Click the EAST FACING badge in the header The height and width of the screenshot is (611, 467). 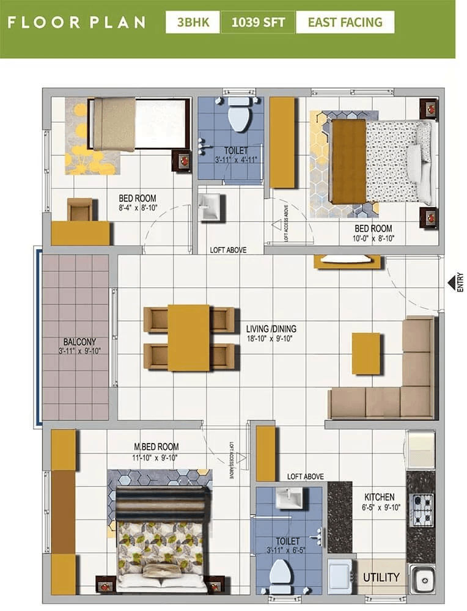click(x=345, y=23)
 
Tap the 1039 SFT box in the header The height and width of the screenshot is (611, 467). click(x=258, y=23)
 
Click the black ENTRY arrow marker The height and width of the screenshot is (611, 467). click(x=452, y=282)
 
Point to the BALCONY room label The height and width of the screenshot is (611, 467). click(x=79, y=342)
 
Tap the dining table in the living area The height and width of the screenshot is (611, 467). click(x=189, y=337)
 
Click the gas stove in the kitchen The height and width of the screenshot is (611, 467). click(x=421, y=510)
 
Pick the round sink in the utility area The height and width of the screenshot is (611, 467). click(x=422, y=579)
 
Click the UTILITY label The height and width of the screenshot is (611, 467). click(x=381, y=577)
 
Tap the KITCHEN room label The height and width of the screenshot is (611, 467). click(x=380, y=497)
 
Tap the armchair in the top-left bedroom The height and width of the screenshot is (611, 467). click(x=80, y=210)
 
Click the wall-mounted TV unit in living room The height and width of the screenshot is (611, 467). click(x=347, y=261)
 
